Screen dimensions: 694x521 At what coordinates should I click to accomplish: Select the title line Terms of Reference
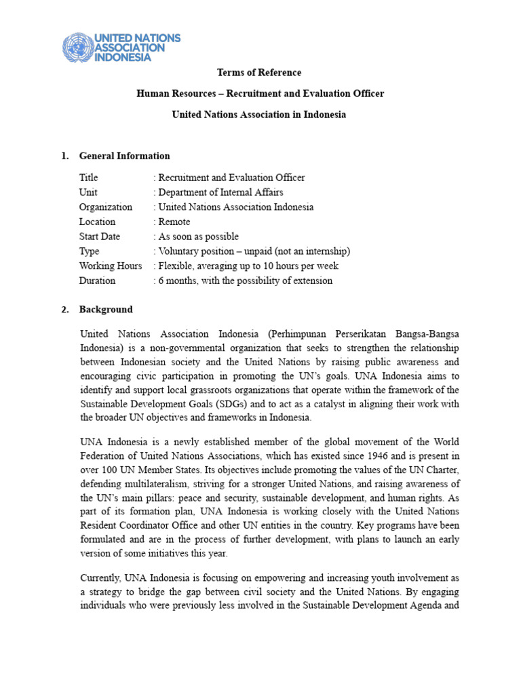coord(258,73)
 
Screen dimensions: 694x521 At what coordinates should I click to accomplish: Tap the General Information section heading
coord(124,156)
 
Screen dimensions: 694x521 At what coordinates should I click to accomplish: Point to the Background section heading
coord(106,310)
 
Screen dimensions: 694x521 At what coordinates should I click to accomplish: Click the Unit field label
coord(88,192)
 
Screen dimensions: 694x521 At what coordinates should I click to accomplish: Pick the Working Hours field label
coord(111,266)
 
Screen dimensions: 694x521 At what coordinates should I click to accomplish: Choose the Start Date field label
coord(99,237)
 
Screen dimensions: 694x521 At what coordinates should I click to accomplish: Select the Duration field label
coord(97,281)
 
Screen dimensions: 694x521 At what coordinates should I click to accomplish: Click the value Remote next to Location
coord(174,222)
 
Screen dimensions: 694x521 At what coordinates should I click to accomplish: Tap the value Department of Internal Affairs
coord(220,192)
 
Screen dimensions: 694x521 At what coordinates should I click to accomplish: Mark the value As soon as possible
coord(198,237)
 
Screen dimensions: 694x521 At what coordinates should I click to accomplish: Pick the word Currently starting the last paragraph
coord(102,577)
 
